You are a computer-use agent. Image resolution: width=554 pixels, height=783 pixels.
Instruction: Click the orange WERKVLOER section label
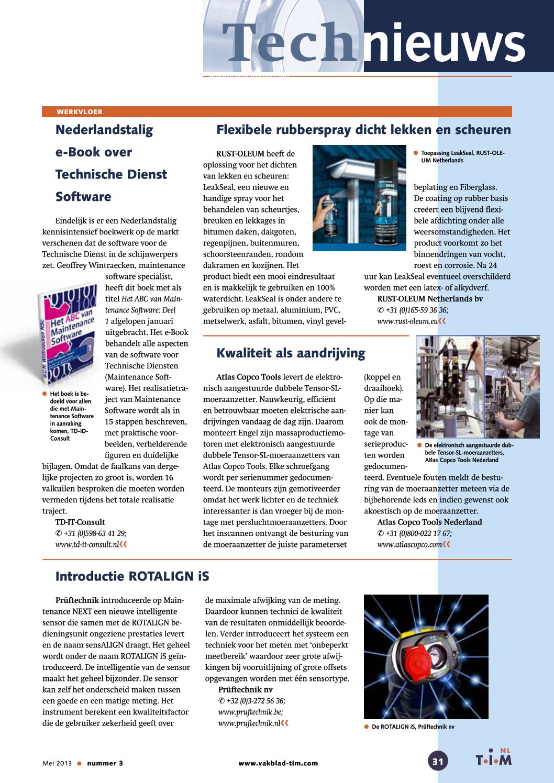pos(80,112)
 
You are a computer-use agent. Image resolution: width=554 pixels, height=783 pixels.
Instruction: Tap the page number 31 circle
pos(438,761)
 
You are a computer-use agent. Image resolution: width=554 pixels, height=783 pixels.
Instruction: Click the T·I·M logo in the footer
pos(493,759)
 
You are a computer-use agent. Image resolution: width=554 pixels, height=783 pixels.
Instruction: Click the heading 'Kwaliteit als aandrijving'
pos(291,353)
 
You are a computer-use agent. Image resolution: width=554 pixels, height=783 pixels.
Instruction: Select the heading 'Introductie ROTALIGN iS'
pos(132,576)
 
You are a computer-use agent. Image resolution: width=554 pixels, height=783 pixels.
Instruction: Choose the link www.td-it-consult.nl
pos(86,544)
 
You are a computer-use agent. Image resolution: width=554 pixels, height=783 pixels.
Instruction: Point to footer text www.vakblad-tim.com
pos(278,763)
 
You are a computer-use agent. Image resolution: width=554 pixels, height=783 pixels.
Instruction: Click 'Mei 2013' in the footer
pos(57,763)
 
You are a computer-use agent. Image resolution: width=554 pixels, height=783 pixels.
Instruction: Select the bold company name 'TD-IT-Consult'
pos(80,522)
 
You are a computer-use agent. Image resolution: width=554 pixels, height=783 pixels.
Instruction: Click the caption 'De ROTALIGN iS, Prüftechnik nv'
pos(413,726)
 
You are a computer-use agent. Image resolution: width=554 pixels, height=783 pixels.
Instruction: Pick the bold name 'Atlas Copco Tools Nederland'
pos(429,522)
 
